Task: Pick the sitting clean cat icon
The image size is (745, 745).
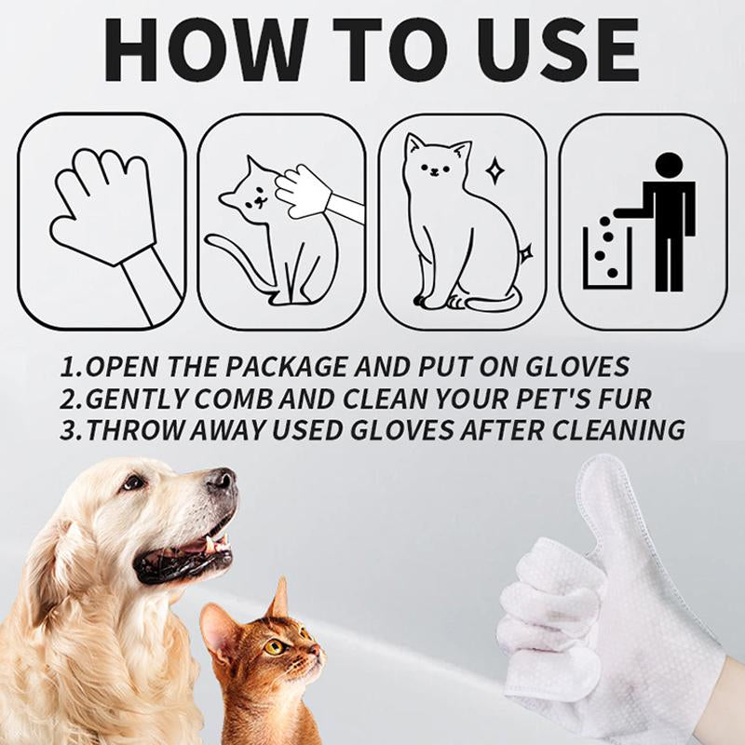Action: [x=456, y=223]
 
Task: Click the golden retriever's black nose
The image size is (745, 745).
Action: [x=221, y=481]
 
